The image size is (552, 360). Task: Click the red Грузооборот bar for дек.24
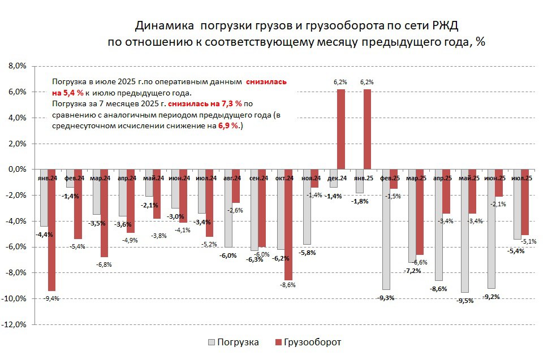click(x=341, y=129)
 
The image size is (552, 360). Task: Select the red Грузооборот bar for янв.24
click(x=51, y=229)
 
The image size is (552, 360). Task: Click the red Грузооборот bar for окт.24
click(x=288, y=224)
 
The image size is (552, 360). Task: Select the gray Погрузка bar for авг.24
click(x=228, y=208)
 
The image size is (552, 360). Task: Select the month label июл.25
click(x=521, y=179)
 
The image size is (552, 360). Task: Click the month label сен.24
click(x=258, y=179)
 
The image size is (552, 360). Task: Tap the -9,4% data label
click(x=51, y=298)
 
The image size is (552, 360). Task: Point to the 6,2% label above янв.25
click(x=367, y=83)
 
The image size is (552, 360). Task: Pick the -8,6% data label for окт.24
click(x=288, y=285)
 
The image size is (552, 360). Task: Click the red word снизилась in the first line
click(x=266, y=81)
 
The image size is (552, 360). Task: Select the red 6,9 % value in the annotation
click(x=228, y=127)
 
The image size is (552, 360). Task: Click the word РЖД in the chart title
click(x=443, y=26)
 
